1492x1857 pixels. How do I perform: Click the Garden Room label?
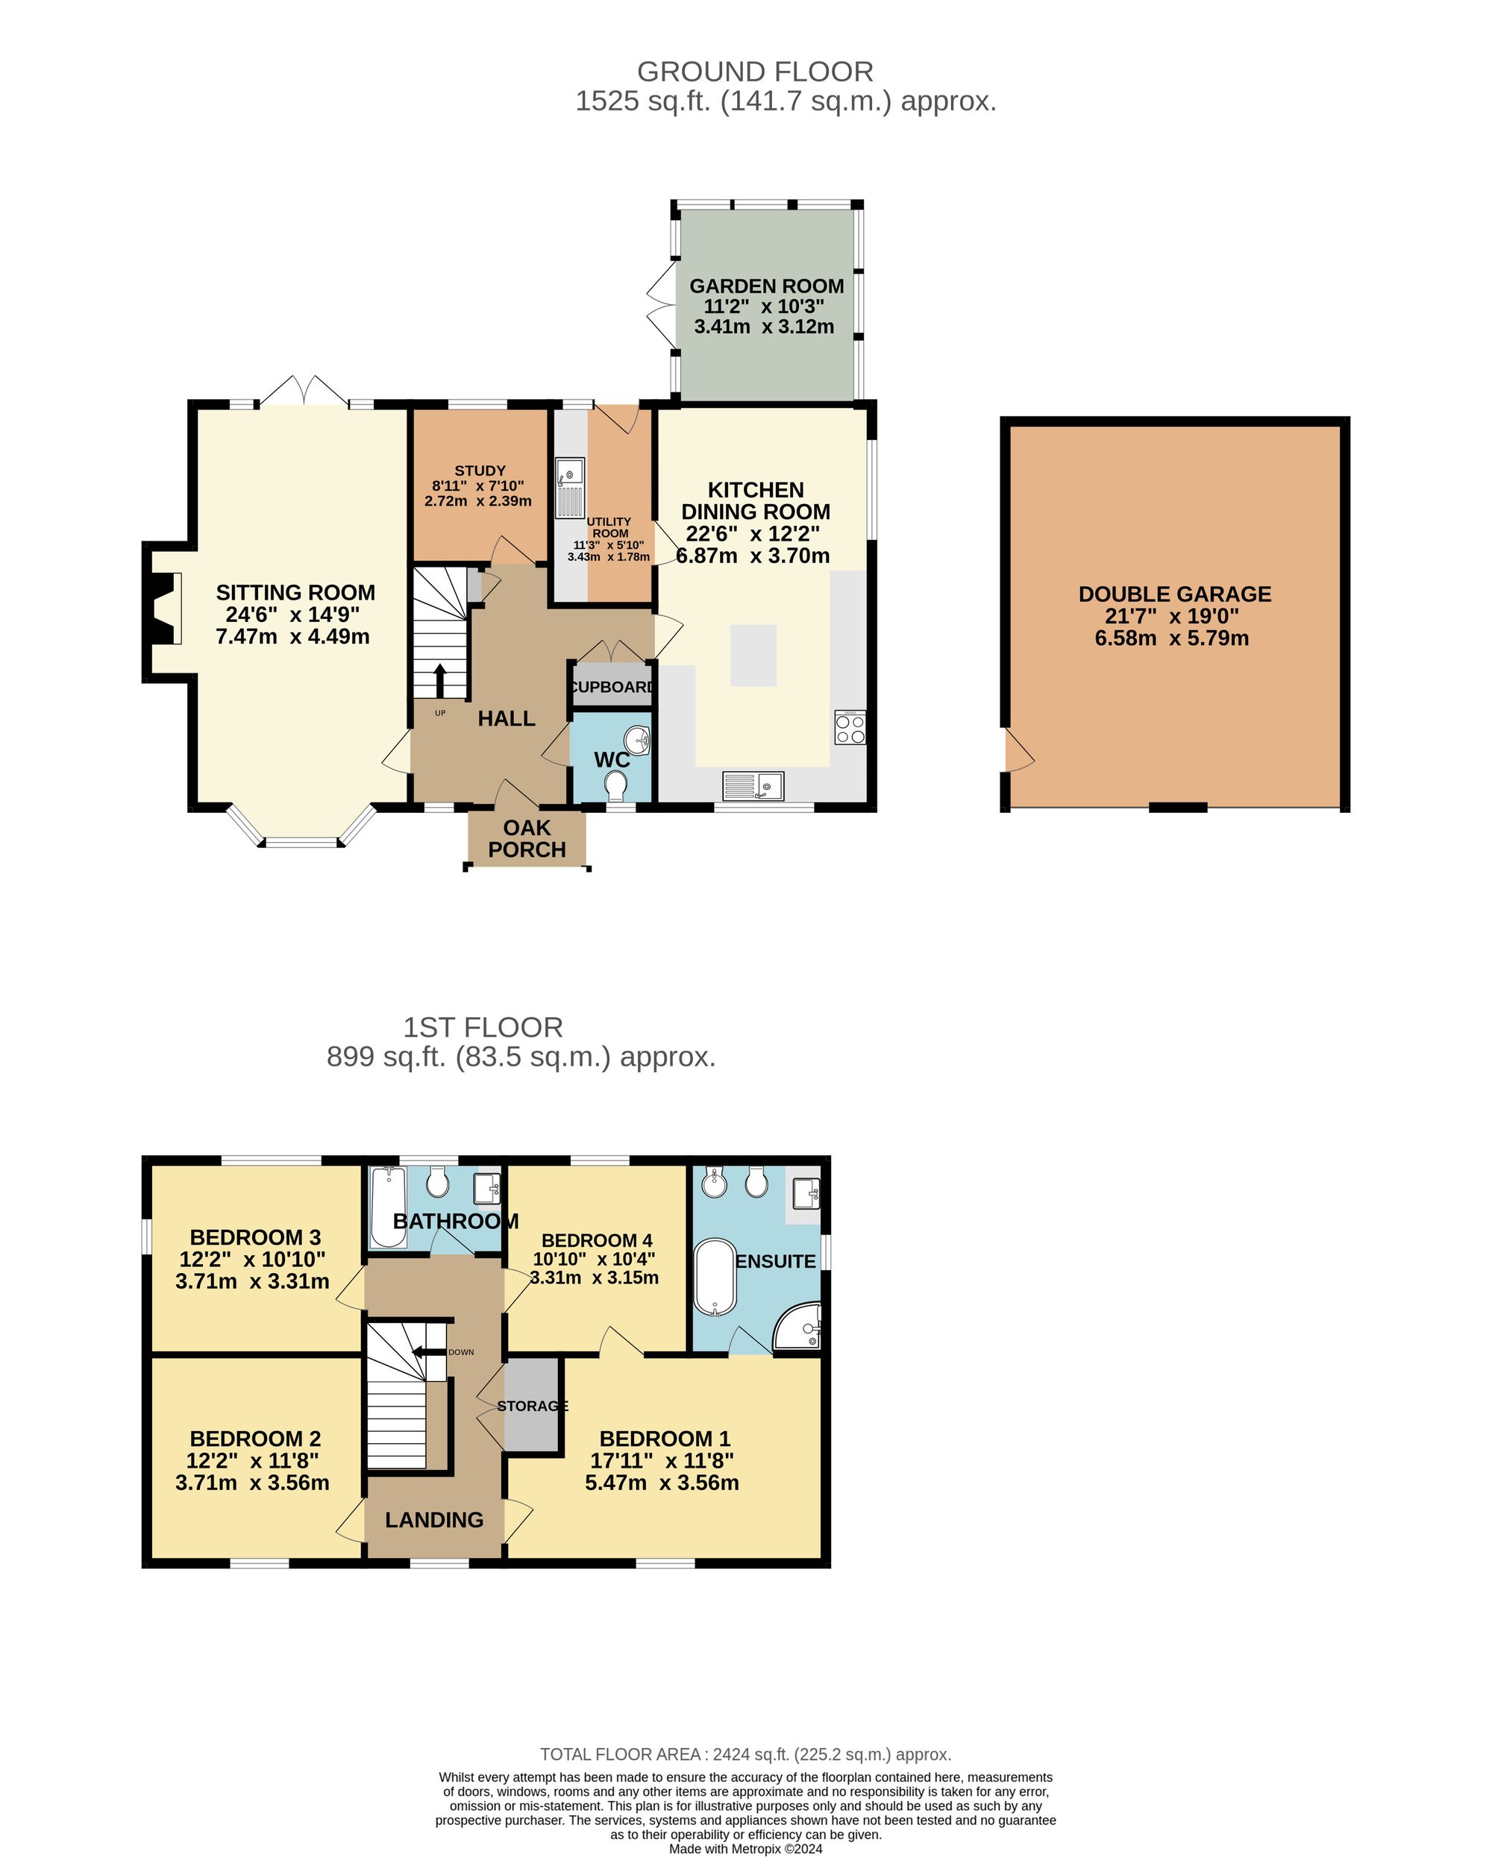766,286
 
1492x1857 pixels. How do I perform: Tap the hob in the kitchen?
850,728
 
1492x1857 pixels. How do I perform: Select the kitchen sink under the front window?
753,785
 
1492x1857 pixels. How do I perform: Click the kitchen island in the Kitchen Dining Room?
753,656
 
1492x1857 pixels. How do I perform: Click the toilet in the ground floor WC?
616,785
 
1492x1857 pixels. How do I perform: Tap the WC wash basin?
638,738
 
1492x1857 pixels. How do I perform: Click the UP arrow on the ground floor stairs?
439,680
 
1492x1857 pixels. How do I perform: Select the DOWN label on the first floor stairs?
461,1352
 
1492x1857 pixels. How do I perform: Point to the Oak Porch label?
527,838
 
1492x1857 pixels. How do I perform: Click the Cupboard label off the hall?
612,686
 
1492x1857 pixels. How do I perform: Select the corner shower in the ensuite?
800,1327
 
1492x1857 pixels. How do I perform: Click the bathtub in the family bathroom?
388,1207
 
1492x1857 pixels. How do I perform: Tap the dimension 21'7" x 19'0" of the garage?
1170,616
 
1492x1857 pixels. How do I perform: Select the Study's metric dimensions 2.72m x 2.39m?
477,500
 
